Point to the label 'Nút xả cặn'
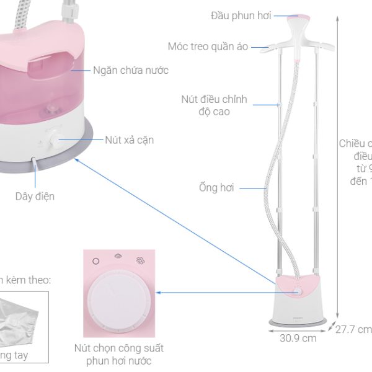click(130, 140)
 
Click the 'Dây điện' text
click(35, 197)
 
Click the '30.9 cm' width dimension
click(298, 339)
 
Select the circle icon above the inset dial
click(95, 261)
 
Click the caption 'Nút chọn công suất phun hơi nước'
click(118, 355)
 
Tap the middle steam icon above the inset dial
click(118, 261)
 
